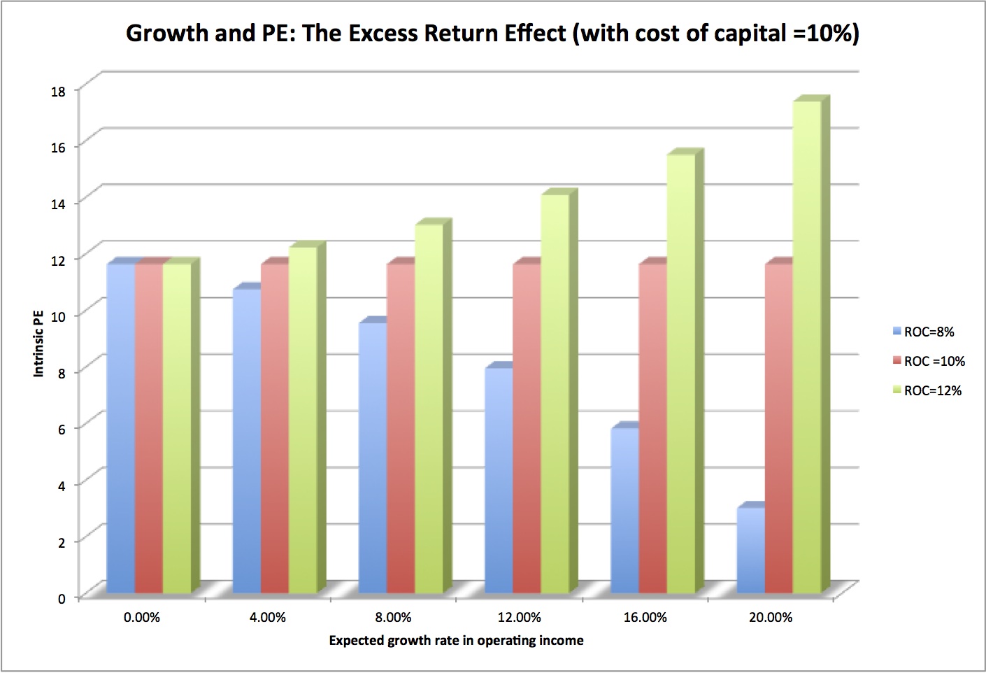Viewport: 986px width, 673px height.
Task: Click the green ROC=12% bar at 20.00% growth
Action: pos(806,350)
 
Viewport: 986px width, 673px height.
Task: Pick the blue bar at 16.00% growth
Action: pos(624,511)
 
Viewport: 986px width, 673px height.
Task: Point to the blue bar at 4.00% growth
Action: pos(246,441)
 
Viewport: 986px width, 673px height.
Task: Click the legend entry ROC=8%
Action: pos(928,332)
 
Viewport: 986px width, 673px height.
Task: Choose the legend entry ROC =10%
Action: pos(934,361)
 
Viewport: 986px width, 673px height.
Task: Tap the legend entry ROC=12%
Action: pos(932,390)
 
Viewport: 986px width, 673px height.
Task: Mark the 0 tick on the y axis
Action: pos(62,598)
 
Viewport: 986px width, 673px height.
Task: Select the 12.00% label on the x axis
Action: pos(519,617)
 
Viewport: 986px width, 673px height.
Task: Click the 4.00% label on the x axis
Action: pos(267,617)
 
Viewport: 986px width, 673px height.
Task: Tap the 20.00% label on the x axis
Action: pos(771,617)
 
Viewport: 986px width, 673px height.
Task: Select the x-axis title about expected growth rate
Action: pos(456,640)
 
